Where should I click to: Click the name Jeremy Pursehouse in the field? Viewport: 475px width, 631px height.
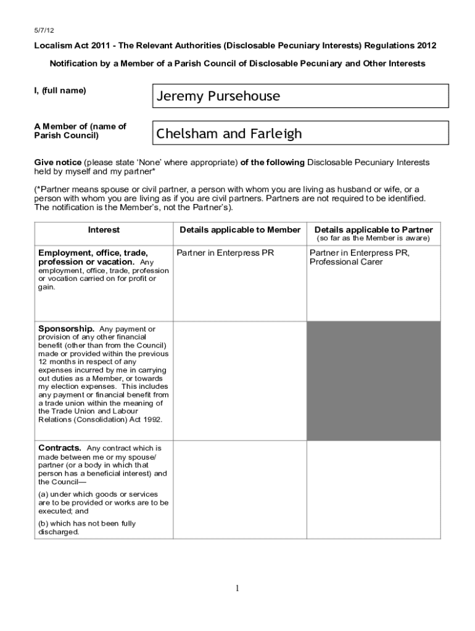click(x=218, y=96)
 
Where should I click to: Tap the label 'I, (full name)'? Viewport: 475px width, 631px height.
click(x=60, y=91)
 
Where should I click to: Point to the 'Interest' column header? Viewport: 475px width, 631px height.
click(x=104, y=230)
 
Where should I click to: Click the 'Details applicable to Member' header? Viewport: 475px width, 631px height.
click(x=239, y=230)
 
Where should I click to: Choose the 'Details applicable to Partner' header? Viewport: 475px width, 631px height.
click(x=373, y=230)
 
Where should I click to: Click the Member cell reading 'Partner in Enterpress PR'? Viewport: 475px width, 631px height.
click(x=225, y=253)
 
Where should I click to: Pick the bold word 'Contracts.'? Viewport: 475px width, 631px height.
click(x=60, y=447)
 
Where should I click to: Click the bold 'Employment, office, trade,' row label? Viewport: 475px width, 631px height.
click(x=93, y=253)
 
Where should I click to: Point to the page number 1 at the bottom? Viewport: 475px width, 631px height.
click(x=237, y=588)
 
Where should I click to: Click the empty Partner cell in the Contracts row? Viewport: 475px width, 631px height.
click(x=373, y=489)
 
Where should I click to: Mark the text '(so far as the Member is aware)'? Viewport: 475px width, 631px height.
click(x=373, y=238)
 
